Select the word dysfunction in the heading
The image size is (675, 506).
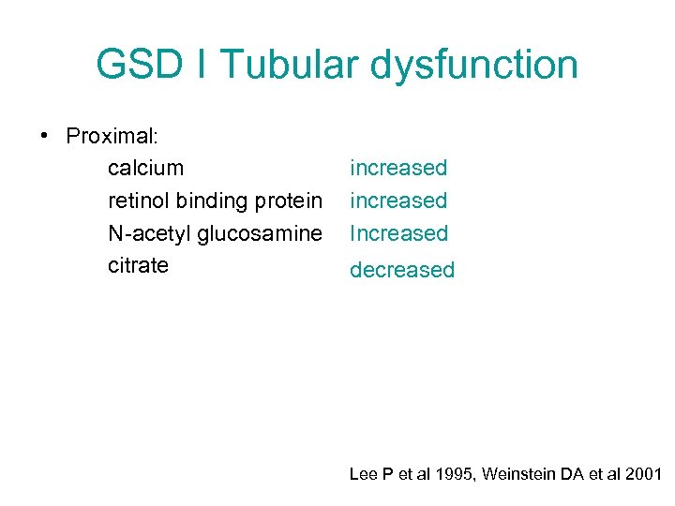coord(474,65)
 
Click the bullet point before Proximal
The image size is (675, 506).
coord(45,136)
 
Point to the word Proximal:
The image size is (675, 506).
coord(112,136)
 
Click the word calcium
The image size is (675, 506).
coord(145,169)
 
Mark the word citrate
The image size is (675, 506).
coord(138,265)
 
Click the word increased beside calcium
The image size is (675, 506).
coord(398,169)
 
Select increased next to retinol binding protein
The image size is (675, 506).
coord(398,201)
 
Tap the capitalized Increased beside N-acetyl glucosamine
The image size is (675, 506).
coord(398,233)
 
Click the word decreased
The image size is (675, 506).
coord(401,271)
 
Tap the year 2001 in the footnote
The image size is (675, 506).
coord(642,475)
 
